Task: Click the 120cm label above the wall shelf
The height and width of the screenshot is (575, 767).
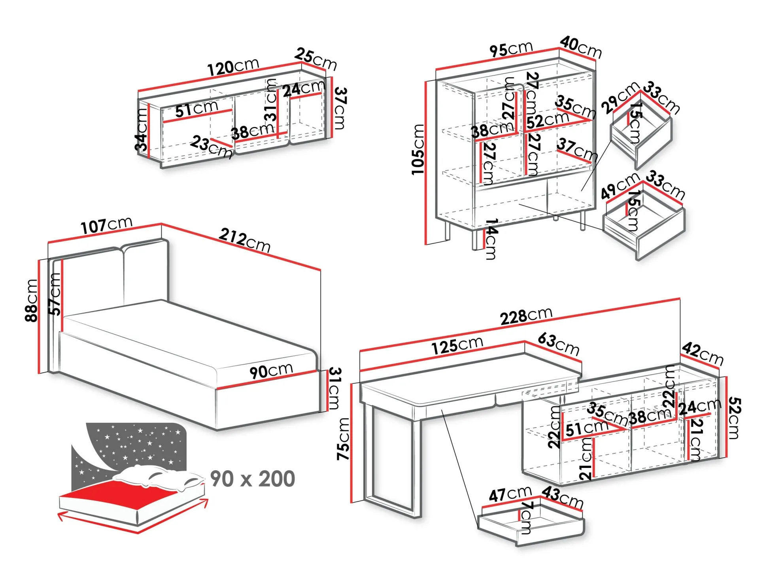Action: tap(233, 67)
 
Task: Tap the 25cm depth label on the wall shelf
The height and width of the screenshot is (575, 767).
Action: tap(315, 59)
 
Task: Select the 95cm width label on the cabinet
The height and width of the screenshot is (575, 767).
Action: tap(511, 49)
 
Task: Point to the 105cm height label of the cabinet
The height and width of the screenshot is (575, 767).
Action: tap(418, 149)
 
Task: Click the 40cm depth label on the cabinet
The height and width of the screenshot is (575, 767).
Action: tap(581, 47)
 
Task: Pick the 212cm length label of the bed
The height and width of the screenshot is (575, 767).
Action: tap(245, 240)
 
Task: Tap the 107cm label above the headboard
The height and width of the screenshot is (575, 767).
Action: tap(106, 226)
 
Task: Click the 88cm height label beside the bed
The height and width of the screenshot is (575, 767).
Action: tap(32, 300)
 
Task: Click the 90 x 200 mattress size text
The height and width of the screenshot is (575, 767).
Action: tap(253, 479)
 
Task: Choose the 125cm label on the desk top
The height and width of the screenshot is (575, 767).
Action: tap(457, 346)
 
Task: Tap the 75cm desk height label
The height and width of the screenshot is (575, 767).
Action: tap(343, 439)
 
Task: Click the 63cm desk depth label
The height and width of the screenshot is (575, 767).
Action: tap(558, 344)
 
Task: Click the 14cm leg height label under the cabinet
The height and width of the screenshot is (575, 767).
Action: tap(491, 239)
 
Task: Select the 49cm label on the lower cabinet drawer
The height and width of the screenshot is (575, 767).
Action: tap(620, 186)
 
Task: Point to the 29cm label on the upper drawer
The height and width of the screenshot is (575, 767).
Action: tap(620, 98)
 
